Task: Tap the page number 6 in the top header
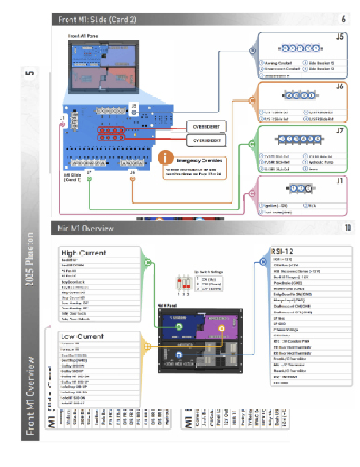(344, 20)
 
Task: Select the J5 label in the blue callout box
(340, 38)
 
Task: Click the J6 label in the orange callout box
(340, 87)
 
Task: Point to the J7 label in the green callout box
(340, 132)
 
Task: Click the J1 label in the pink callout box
(340, 181)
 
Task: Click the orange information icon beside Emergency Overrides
(166, 158)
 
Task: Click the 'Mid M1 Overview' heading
(86, 228)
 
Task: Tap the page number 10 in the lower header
(347, 228)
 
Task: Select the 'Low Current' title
(82, 336)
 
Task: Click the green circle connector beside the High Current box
(148, 263)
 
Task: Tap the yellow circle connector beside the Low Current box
(148, 346)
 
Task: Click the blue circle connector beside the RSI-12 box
(263, 262)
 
